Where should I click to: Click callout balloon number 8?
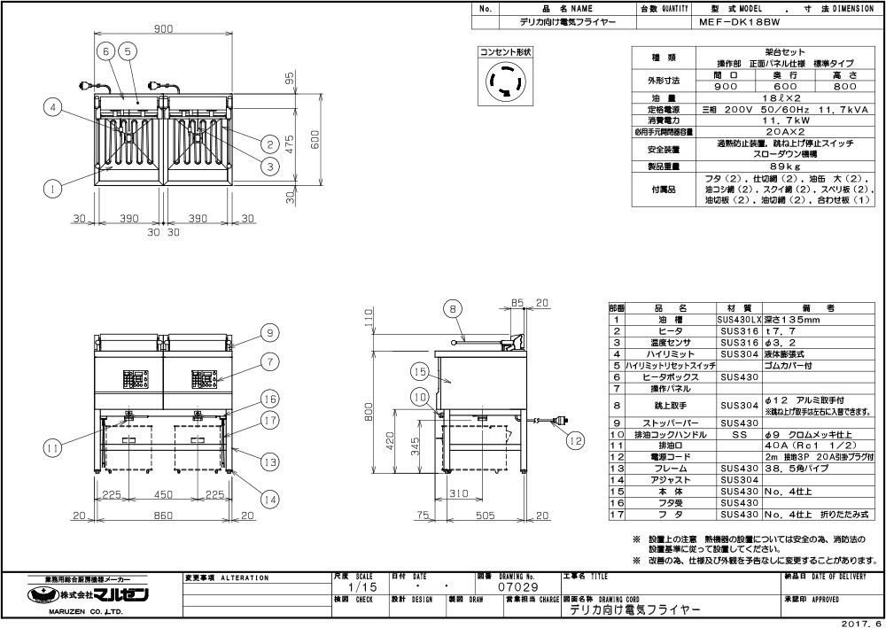[x=451, y=308]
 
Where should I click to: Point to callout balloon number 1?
[x=55, y=188]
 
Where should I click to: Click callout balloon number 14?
[x=269, y=500]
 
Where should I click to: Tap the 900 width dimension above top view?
[x=163, y=30]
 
